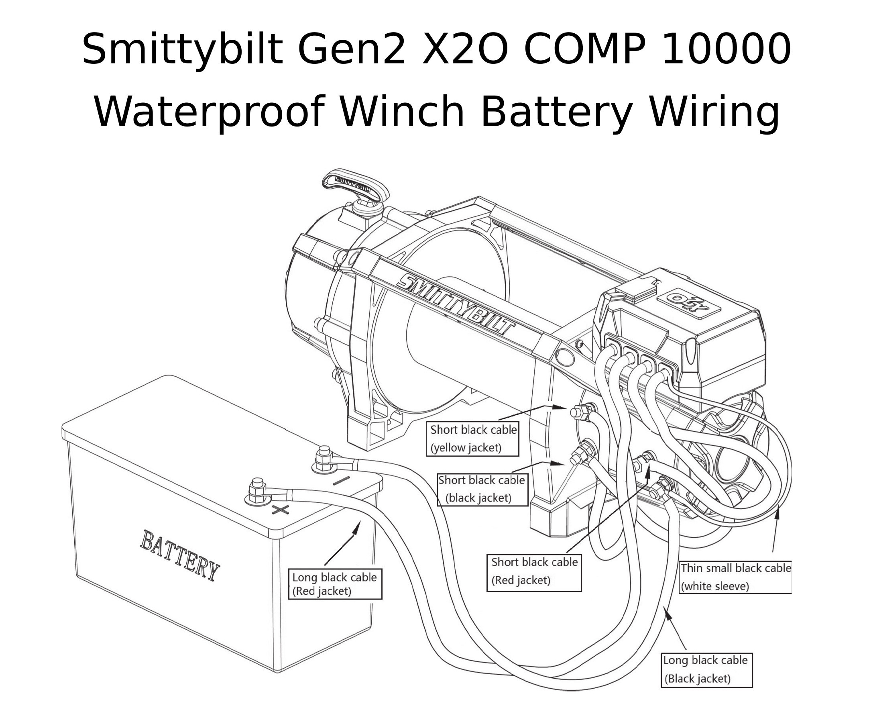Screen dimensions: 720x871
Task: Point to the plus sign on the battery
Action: [280, 509]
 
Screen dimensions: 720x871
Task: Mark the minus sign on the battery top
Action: [341, 481]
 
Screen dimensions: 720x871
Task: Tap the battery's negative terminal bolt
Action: [324, 458]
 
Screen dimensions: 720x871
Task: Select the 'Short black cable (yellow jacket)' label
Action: [472, 439]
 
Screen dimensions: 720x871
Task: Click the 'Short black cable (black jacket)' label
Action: [482, 489]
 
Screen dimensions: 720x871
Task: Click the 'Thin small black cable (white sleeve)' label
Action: [735, 577]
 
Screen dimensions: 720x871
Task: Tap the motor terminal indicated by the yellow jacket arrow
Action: [578, 412]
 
